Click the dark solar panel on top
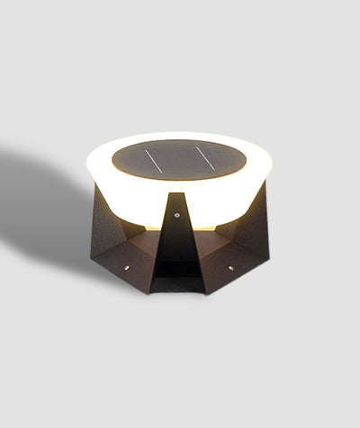pos(179,159)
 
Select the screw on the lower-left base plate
pos(126,266)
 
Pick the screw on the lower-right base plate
pos(231,267)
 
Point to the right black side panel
pos(250,229)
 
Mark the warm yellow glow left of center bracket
pos(144,220)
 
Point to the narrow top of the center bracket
pos(178,198)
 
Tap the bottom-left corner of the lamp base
pos(93,259)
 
